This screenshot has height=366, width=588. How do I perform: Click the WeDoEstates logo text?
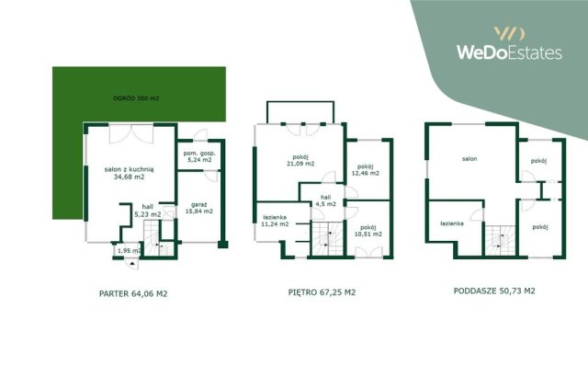(x=509, y=52)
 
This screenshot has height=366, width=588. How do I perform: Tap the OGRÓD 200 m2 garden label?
(x=136, y=98)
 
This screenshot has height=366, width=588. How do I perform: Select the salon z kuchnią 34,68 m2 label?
(x=129, y=173)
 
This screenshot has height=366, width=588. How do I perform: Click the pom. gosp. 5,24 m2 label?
(x=199, y=156)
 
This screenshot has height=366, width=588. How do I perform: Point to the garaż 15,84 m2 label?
(x=199, y=208)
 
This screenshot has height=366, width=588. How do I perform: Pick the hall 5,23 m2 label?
(x=148, y=211)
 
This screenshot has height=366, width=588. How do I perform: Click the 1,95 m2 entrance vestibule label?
(x=129, y=251)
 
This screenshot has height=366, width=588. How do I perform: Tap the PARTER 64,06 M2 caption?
(x=133, y=294)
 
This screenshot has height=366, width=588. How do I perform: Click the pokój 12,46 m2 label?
(x=366, y=170)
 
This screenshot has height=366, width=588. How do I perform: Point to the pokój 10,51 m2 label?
(x=368, y=231)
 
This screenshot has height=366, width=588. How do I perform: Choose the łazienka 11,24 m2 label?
(x=275, y=221)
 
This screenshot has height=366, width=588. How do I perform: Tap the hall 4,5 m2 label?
(x=326, y=200)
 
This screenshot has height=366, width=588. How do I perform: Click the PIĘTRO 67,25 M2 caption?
(x=322, y=292)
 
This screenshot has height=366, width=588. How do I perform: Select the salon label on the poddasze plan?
(x=469, y=159)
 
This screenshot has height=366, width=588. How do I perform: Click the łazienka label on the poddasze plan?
(x=452, y=223)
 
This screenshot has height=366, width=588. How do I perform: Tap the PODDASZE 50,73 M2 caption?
(x=494, y=291)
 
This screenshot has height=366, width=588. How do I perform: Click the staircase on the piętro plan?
(x=328, y=239)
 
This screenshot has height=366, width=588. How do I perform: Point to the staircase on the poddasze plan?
(x=500, y=241)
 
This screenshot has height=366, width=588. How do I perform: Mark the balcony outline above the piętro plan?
(x=300, y=102)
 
